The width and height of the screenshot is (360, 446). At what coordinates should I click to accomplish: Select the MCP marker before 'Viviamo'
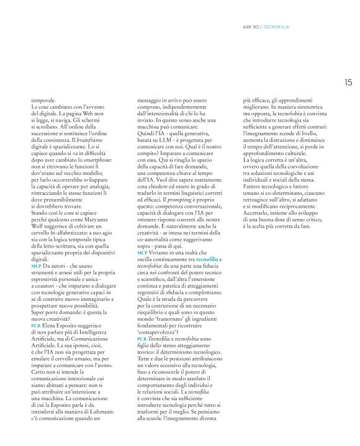point(142,254)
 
